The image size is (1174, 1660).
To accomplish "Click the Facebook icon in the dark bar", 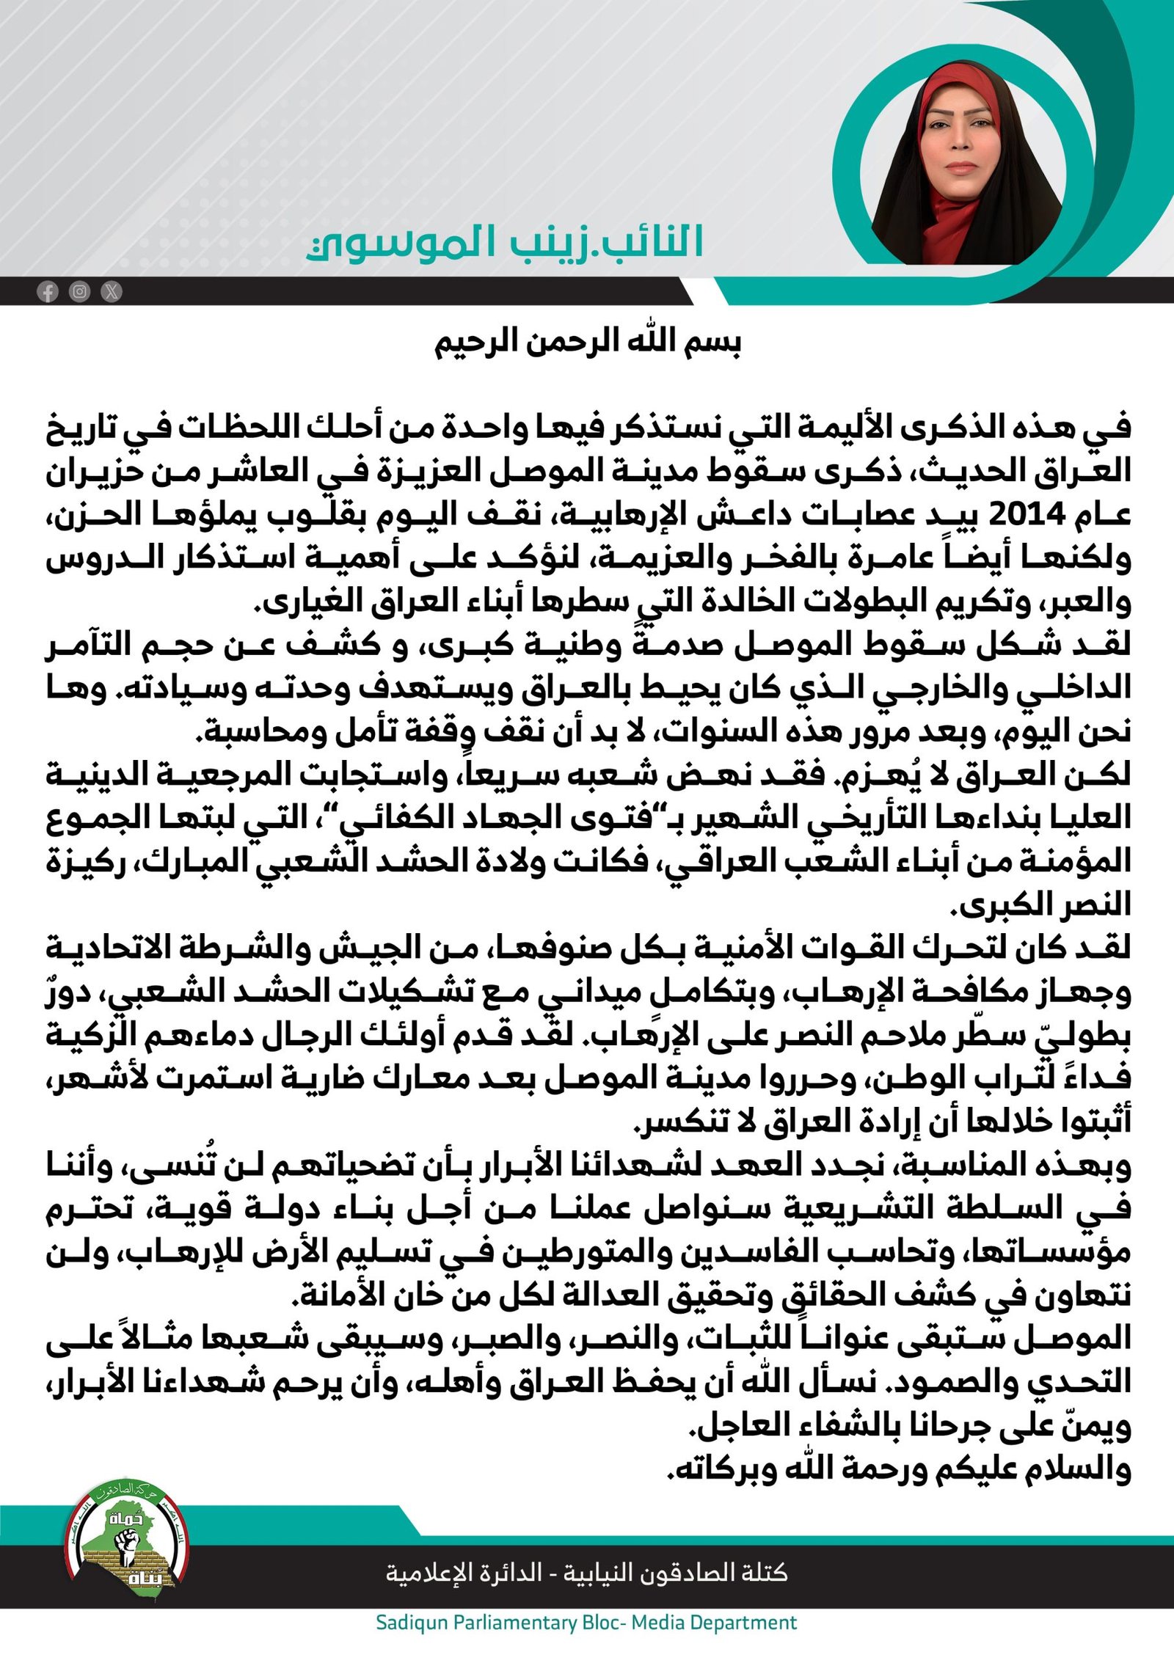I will click(x=48, y=292).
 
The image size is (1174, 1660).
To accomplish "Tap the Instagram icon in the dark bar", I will click(x=79, y=292).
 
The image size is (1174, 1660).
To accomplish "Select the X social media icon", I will click(x=112, y=292).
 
